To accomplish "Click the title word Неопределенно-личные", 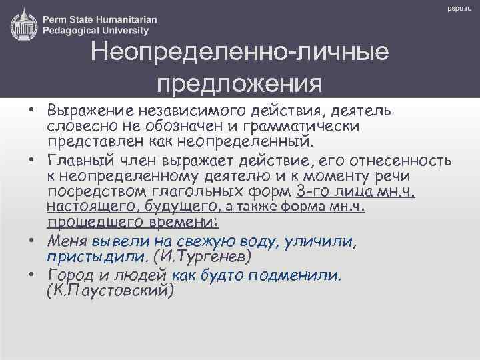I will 240,53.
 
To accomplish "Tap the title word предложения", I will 240,85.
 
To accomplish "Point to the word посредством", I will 95,193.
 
